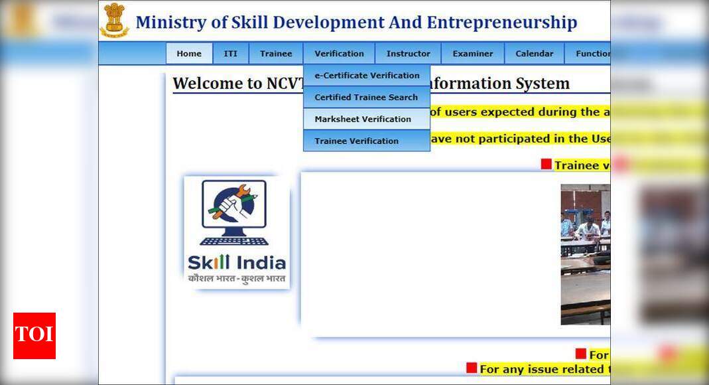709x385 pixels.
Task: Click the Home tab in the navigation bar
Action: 189,54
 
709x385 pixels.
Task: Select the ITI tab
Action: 230,54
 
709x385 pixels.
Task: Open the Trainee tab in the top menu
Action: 276,54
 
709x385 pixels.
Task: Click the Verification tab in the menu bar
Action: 339,54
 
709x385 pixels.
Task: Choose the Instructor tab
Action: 408,54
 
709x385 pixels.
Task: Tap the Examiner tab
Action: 472,54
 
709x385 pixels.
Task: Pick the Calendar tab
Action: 534,54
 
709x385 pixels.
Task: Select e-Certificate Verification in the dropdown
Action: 367,76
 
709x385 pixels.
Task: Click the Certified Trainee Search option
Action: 366,98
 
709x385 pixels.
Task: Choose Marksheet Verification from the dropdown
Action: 363,119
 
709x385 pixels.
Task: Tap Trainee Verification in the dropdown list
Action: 356,141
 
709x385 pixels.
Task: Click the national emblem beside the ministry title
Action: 114,21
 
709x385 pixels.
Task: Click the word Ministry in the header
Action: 171,23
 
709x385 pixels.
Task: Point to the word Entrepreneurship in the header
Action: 501,23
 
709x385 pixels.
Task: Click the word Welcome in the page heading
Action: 204,84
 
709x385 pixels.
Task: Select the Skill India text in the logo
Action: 237,262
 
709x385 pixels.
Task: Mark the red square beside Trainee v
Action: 546,164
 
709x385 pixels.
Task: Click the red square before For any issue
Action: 472,368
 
